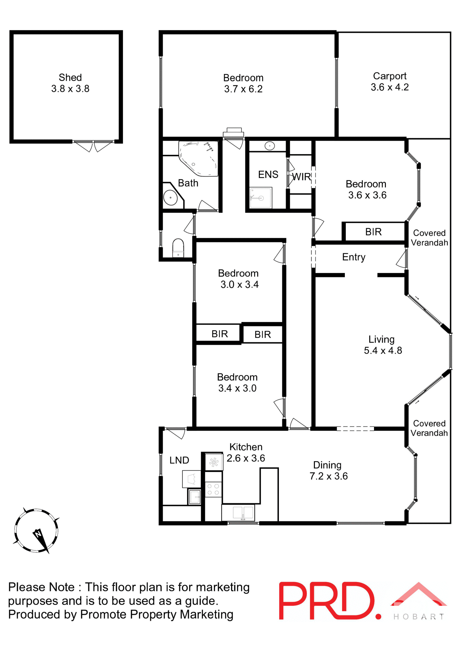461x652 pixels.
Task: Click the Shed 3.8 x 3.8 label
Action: [x=70, y=83]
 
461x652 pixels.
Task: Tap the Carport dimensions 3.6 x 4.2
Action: [x=390, y=87]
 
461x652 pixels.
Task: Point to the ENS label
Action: [x=268, y=175]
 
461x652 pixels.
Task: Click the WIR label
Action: [x=301, y=177]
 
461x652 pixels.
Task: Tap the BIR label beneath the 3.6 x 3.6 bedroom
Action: [x=373, y=232]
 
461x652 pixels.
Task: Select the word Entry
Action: [x=354, y=257]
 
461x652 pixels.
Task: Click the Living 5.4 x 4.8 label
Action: [x=383, y=345]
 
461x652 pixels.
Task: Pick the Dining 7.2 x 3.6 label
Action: [x=328, y=470]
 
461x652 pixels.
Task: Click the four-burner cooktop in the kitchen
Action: [x=213, y=489]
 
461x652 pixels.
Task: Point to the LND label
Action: [x=179, y=460]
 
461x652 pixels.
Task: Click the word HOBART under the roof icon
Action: [x=419, y=617]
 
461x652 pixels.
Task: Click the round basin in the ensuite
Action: [x=269, y=146]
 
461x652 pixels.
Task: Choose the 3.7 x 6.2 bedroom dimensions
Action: [x=243, y=89]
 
